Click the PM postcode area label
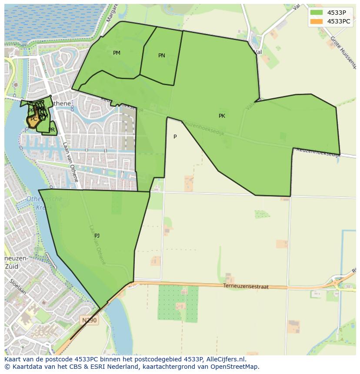pyautogui.click(x=117, y=53)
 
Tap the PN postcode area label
pyautogui.click(x=162, y=56)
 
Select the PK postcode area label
pyautogui.click(x=222, y=116)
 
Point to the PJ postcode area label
pyautogui.click(x=97, y=236)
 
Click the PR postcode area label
pyautogui.click(x=52, y=130)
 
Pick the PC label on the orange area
pyautogui.click(x=34, y=119)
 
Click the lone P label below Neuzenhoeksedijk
pyautogui.click(x=175, y=137)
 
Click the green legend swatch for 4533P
pyautogui.click(x=317, y=13)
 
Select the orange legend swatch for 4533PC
pyautogui.click(x=317, y=21)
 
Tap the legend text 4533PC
pyautogui.click(x=339, y=21)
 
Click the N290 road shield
pyautogui.click(x=90, y=320)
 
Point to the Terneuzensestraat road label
pyautogui.click(x=246, y=287)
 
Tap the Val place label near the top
pyautogui.click(x=258, y=52)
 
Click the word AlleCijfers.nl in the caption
pyautogui.click(x=226, y=359)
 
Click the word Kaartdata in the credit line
pyautogui.click(x=24, y=367)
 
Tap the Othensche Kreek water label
pyautogui.click(x=44, y=203)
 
